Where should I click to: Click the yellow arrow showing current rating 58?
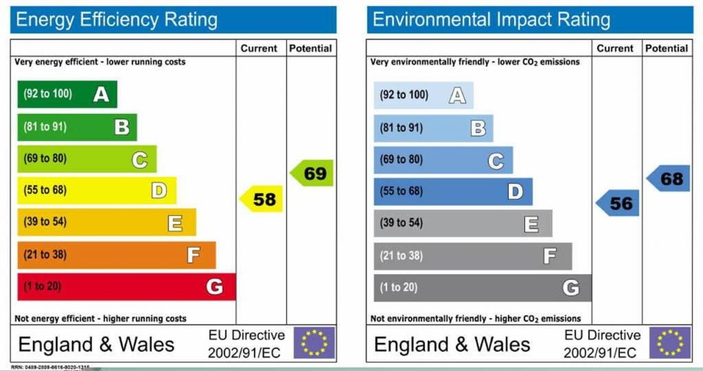click(262, 199)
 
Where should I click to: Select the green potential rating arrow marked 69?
click(313, 173)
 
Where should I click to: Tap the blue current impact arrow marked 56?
click(618, 204)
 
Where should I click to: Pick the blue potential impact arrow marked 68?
click(669, 179)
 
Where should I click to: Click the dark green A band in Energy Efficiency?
click(67, 94)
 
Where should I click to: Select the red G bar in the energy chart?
click(126, 287)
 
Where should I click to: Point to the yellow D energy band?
click(96, 191)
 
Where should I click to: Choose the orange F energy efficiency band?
click(116, 255)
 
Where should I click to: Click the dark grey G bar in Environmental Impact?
click(482, 288)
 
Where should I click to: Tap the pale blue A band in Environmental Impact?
click(423, 95)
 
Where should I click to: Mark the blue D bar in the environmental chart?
click(452, 191)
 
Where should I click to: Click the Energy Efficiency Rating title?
click(117, 20)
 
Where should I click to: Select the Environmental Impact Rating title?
click(492, 20)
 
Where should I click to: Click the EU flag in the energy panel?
click(314, 343)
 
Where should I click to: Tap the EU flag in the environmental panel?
click(670, 343)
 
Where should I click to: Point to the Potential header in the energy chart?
click(310, 49)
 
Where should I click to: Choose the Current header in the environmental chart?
click(615, 49)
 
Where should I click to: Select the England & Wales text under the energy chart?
click(96, 344)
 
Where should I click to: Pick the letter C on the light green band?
click(139, 160)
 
